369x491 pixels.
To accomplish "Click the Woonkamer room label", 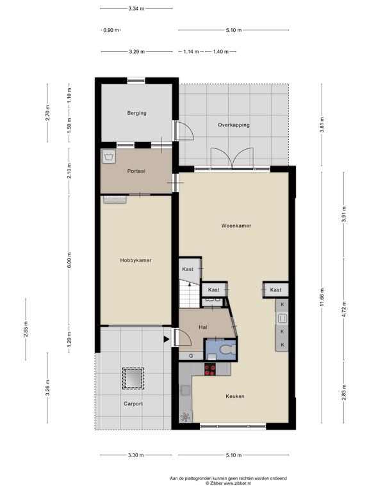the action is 236,226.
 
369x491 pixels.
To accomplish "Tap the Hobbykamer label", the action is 136,260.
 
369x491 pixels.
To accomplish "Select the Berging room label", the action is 137,113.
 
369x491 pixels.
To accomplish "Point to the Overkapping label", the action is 234,125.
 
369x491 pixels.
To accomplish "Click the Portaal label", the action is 136,171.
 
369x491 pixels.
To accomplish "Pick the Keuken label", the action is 235,396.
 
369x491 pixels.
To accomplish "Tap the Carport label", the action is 133,404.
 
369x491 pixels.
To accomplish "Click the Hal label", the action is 203,327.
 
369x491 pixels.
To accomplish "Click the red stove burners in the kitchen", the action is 210,369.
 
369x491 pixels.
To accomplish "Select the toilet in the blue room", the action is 227,349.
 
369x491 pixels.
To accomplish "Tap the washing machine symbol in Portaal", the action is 108,156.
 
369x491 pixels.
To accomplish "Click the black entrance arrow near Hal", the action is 167,339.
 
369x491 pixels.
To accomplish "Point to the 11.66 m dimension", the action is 322,298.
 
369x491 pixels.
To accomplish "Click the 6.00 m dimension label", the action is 69,260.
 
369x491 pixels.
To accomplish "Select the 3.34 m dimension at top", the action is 136,9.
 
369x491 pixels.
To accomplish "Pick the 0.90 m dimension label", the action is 111,31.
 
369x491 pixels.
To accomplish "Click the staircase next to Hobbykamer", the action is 190,294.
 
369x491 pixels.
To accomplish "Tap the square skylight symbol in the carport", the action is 133,378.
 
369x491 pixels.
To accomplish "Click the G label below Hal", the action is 191,356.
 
